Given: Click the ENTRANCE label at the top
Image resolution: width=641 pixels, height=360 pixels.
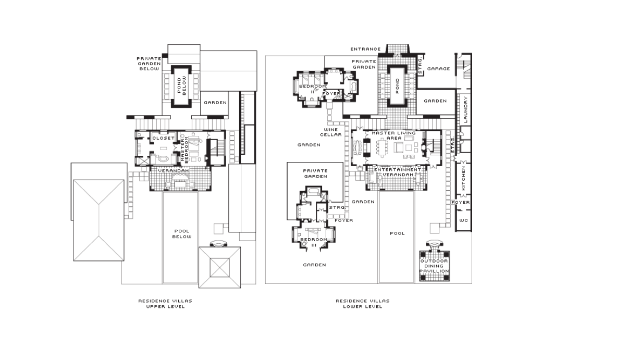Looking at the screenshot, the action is tap(365, 49).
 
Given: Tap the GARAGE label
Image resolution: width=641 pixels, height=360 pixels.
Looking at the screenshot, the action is tap(438, 69).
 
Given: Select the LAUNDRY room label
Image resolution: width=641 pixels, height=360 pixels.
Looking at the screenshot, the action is tap(465, 109).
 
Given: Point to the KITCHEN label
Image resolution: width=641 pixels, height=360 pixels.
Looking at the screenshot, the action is tap(464, 178).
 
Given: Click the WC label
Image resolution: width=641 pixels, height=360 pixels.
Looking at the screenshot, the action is tap(464, 220).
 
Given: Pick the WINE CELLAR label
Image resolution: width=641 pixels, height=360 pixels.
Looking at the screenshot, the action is tap(331, 132).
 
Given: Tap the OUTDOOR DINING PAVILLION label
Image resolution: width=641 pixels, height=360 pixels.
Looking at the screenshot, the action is tap(435, 266).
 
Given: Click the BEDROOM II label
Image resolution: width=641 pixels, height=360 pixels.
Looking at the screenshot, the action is tap(313, 89).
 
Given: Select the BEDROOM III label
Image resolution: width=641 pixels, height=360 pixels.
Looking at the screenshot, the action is tap(314, 242).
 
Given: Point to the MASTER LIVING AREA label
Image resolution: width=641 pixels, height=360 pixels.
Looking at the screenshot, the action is tap(394, 135).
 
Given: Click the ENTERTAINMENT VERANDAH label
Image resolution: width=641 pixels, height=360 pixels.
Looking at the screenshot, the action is tap(398, 172).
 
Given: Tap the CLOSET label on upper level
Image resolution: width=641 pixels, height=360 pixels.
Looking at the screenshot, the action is tap(164, 138).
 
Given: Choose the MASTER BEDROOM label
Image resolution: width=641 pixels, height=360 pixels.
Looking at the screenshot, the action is tap(184, 150).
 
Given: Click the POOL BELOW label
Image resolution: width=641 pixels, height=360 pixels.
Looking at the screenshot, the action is tap(182, 234).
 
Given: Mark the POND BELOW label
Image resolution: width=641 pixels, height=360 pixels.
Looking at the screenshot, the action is tap(181, 85).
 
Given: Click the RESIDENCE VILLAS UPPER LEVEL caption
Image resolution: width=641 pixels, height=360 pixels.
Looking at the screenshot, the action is tap(165, 304).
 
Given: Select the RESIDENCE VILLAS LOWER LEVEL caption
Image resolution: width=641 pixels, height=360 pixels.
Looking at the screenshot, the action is tap(363, 304).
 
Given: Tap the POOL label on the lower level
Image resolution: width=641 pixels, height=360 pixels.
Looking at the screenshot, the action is tap(398, 233).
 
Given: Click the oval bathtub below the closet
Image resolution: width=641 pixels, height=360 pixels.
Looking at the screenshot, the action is tap(164, 159).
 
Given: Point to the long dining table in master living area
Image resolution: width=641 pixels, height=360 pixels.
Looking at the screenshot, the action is tap(382, 147).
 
